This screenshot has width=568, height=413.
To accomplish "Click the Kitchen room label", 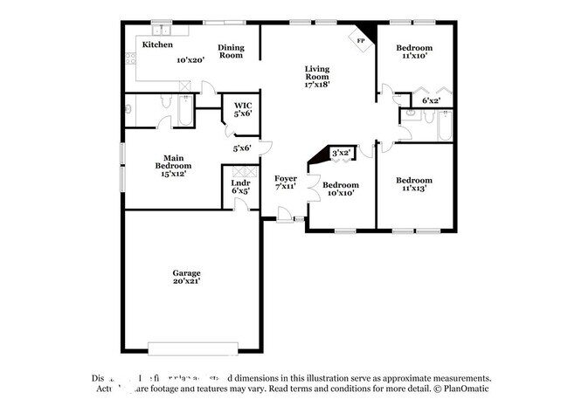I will click(157, 45).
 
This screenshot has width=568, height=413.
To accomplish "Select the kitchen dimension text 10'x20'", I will click(190, 60).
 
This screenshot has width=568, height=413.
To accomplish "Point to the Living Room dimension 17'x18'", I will click(316, 85).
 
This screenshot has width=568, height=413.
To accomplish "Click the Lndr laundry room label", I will click(241, 182).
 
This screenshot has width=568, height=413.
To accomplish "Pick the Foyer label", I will click(286, 178).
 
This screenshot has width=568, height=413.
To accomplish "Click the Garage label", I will click(187, 273).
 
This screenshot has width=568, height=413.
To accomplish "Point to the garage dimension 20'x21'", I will click(187, 283).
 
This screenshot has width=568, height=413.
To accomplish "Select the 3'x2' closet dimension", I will click(341, 153).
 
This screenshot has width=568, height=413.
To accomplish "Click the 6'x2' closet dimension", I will click(431, 100).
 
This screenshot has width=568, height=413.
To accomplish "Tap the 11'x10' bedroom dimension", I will click(413, 55).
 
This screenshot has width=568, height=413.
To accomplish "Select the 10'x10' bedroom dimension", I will click(340, 195).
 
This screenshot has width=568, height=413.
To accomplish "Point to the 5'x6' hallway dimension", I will click(242, 148).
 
